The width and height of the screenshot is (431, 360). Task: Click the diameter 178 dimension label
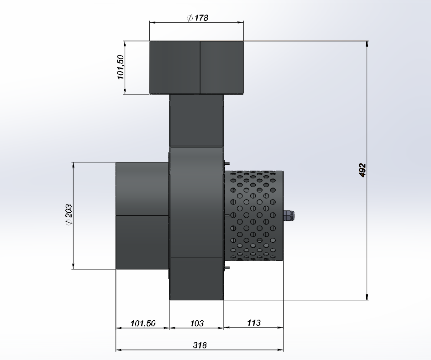pyautogui.click(x=197, y=18)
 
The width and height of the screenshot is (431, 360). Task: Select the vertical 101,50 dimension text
pyautogui.click(x=121, y=67)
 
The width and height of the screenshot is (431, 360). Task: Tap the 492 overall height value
pyautogui.click(x=363, y=170)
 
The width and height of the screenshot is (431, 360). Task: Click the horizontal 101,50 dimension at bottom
pyautogui.click(x=142, y=323)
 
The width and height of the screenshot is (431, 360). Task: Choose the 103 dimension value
pyautogui.click(x=197, y=323)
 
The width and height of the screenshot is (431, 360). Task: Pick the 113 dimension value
pyautogui.click(x=253, y=323)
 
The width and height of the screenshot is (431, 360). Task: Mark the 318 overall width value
pyautogui.click(x=200, y=345)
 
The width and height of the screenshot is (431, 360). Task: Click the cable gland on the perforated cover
pyautogui.click(x=289, y=215)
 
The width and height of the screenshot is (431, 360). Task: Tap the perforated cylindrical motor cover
pyautogui.click(x=253, y=215)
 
